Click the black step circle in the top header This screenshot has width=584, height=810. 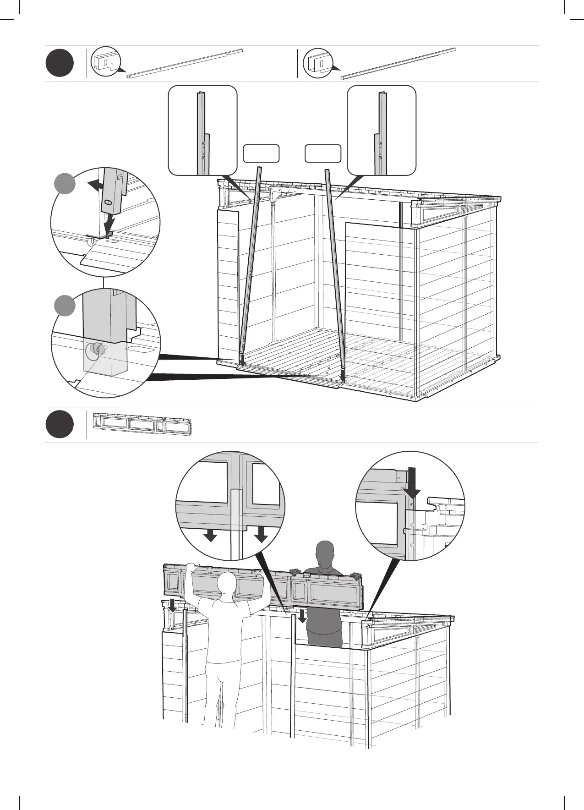coord(60,64)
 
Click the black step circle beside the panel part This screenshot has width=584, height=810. coord(60,425)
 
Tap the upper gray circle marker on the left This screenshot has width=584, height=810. coord(65,183)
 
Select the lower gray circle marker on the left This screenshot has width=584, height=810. coord(65,306)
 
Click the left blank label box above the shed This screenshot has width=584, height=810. coord(261,153)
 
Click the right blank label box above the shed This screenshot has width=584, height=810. coord(323,153)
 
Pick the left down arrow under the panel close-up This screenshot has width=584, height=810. coord(210,535)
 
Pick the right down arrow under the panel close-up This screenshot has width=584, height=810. coord(261,535)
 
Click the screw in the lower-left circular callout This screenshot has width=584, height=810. coord(95,350)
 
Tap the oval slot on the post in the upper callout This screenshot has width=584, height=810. coord(108,202)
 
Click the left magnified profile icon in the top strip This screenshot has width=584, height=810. coord(107,61)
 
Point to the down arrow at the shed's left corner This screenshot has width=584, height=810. coord(172,606)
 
